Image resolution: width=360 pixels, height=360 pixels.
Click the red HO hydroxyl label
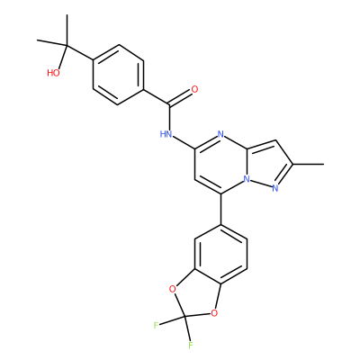53,73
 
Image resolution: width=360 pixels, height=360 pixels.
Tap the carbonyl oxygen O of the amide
194,89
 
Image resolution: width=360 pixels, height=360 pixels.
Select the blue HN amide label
166,134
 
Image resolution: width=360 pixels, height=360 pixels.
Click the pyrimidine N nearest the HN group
220,134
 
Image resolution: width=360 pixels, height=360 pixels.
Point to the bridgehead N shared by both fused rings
247,179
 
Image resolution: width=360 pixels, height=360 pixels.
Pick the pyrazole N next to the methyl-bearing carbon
275,188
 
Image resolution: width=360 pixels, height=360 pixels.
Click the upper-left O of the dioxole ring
172,289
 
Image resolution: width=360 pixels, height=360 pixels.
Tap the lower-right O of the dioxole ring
213,314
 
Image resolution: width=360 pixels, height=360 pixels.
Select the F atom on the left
156,325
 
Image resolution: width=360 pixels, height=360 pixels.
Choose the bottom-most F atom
191,346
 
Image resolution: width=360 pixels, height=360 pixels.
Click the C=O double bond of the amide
180,97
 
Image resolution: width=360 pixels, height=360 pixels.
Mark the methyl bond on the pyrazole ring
309,164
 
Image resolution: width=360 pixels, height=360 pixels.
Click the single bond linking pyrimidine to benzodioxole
220,209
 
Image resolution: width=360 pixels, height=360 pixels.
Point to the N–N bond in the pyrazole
261,184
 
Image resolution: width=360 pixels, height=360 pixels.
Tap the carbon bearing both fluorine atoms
185,317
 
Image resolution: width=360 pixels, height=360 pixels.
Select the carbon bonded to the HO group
67,45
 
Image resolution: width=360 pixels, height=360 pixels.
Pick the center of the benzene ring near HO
118,75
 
